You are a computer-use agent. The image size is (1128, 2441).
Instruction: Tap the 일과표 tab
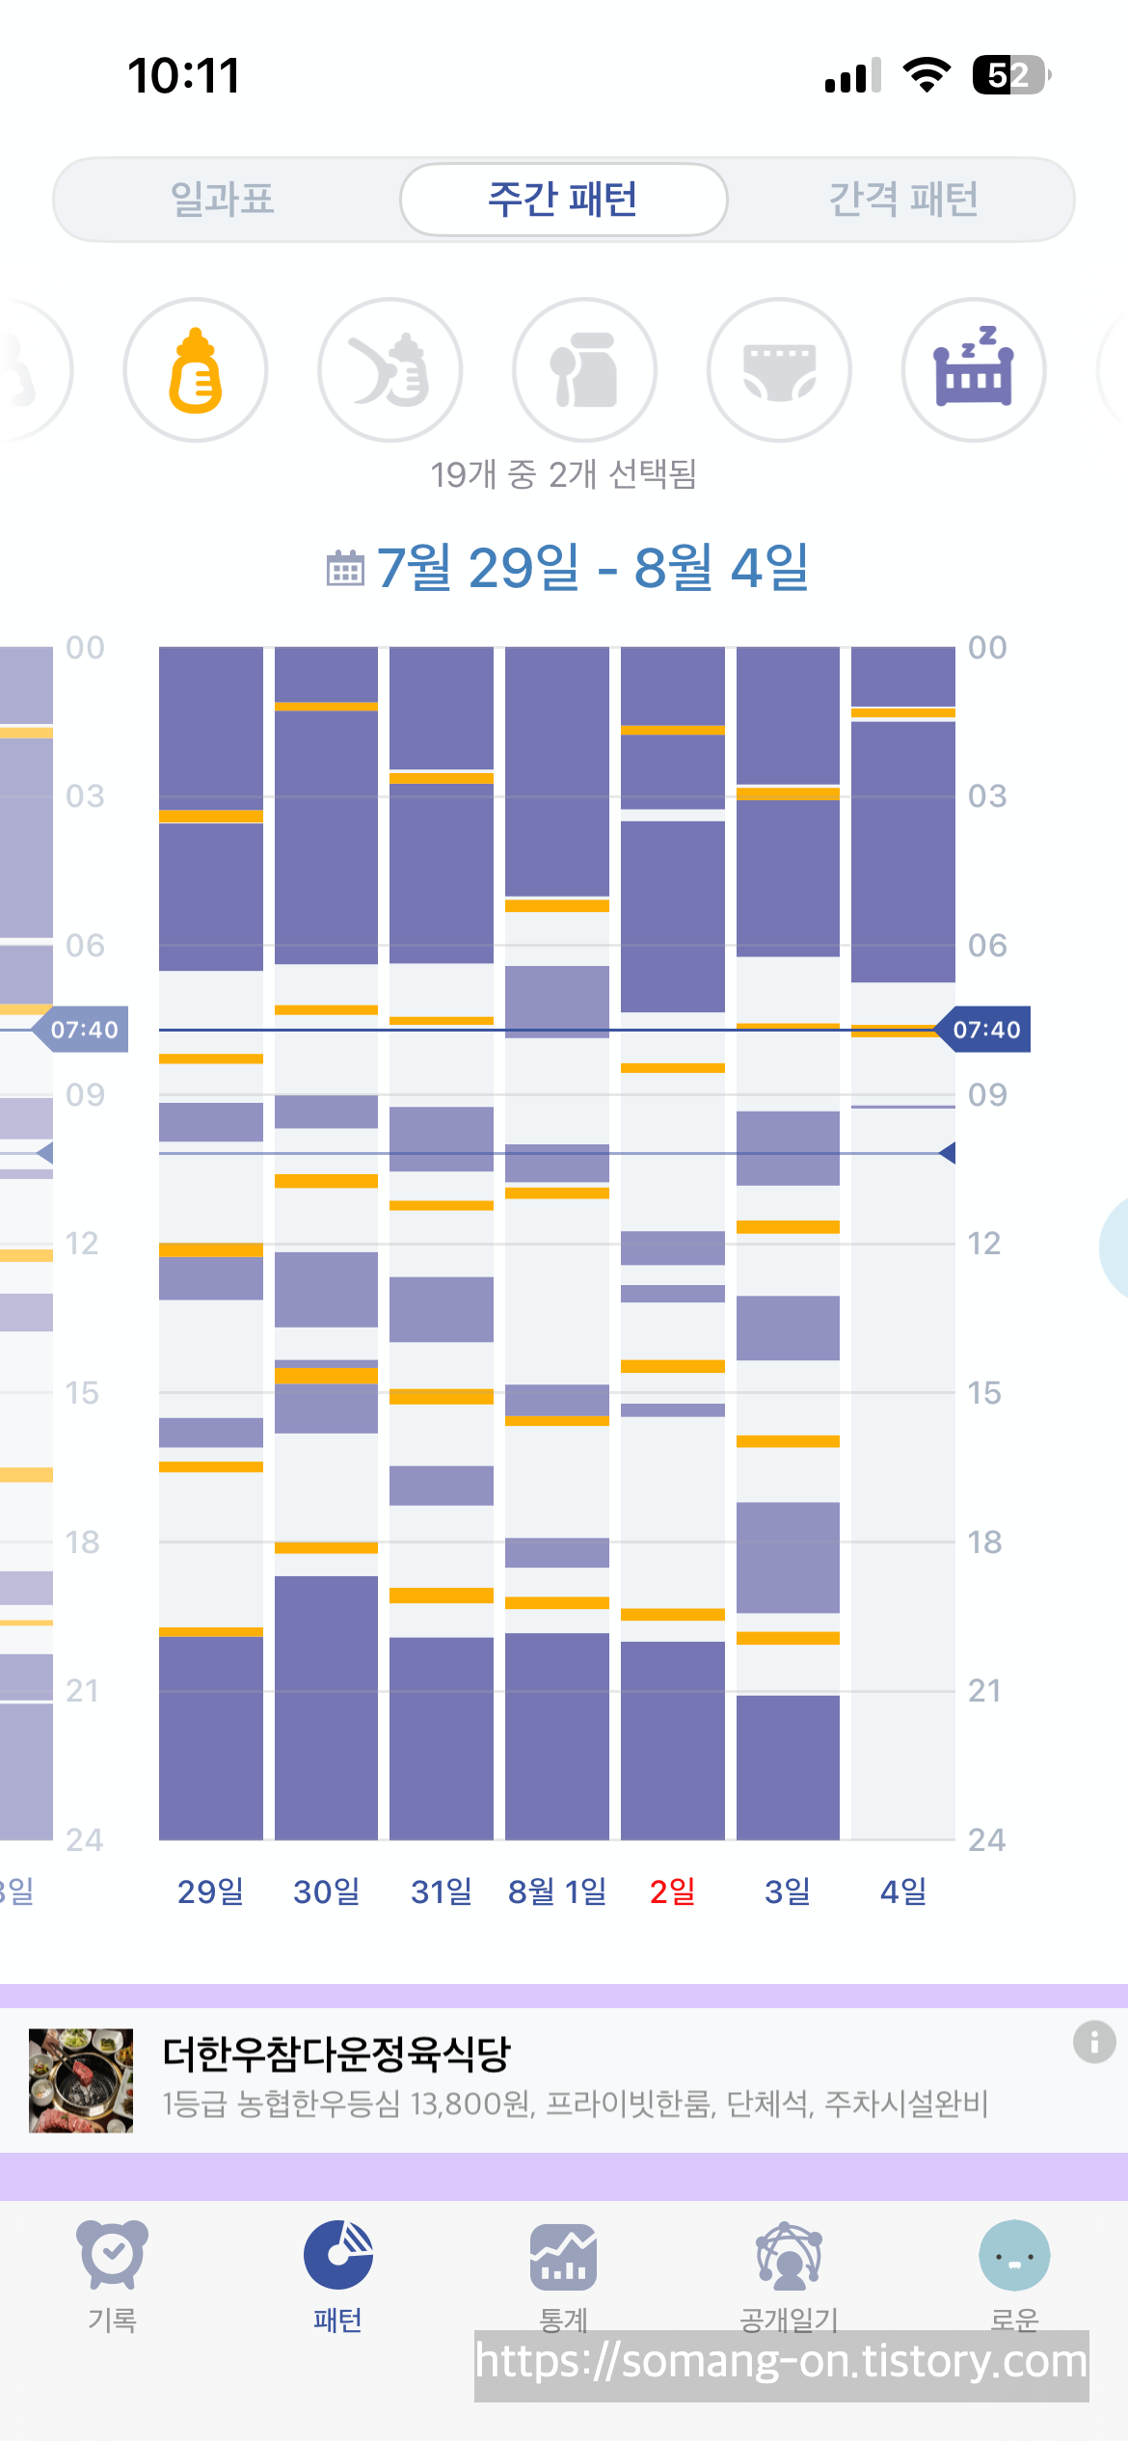pyautogui.click(x=223, y=200)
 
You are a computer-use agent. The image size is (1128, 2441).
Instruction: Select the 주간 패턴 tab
pyautogui.click(x=563, y=200)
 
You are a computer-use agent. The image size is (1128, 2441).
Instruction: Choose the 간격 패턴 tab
pyautogui.click(x=903, y=200)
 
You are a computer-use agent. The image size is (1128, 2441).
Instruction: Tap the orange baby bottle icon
pyautogui.click(x=196, y=370)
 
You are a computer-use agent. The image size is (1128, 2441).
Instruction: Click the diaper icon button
pyautogui.click(x=780, y=370)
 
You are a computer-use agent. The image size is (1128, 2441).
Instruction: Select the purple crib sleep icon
pyautogui.click(x=974, y=370)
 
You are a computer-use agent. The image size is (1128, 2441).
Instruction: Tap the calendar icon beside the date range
pyautogui.click(x=345, y=568)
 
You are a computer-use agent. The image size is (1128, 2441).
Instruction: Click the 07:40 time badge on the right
pyautogui.click(x=984, y=1030)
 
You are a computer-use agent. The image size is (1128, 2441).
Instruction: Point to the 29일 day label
pyautogui.click(x=210, y=1891)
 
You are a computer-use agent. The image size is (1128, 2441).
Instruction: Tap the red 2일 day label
pyautogui.click(x=672, y=1891)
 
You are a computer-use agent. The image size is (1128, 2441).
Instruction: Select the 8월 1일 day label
pyautogui.click(x=557, y=1891)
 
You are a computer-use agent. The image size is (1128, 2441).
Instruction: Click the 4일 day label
pyautogui.click(x=903, y=1891)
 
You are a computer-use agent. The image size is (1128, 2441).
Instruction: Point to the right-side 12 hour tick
pyautogui.click(x=984, y=1244)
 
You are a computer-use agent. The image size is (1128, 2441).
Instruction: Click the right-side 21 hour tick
pyautogui.click(x=984, y=1691)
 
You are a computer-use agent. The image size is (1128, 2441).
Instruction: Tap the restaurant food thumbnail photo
pyautogui.click(x=81, y=2080)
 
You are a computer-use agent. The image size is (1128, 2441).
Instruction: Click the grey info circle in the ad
pyautogui.click(x=1094, y=2042)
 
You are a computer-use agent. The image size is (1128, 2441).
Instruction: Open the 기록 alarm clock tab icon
pyautogui.click(x=113, y=2255)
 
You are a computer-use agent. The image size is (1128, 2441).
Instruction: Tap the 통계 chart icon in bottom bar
pyautogui.click(x=563, y=2257)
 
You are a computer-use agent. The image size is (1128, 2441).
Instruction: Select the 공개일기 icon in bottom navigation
pyautogui.click(x=789, y=2256)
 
